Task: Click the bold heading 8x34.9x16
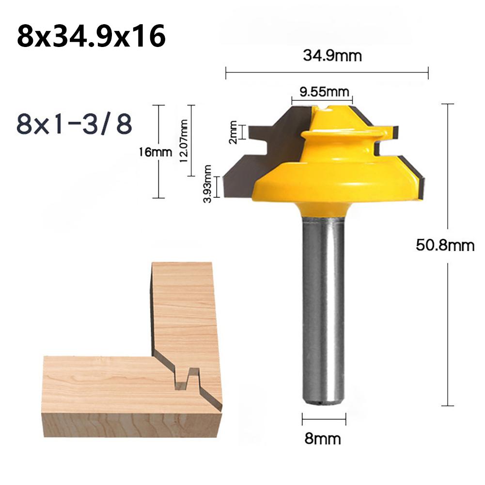click(91, 37)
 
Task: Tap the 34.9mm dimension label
click(332, 56)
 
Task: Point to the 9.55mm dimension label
click(324, 92)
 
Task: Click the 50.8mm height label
click(445, 245)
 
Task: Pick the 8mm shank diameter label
click(323, 438)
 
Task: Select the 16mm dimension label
click(155, 152)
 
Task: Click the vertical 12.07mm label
click(183, 141)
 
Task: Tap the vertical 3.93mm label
click(207, 184)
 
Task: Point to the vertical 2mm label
click(233, 132)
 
